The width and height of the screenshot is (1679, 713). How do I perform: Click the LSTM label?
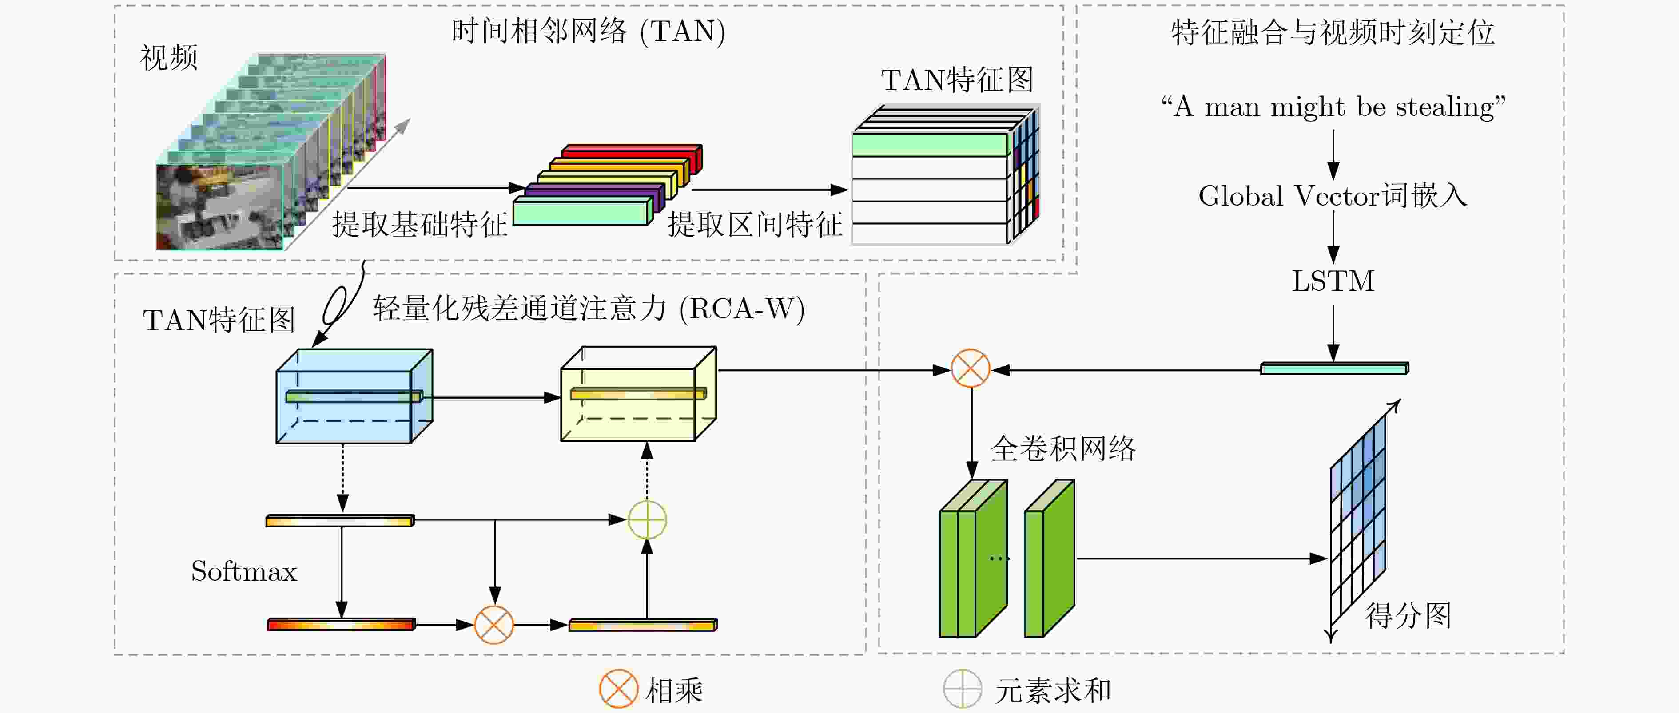coord(1333,281)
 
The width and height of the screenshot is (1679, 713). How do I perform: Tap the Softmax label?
coord(244,571)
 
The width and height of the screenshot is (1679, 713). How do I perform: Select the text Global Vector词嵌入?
coord(1333,195)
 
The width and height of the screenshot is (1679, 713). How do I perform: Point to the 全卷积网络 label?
coord(1063,448)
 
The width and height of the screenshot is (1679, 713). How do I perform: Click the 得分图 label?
coord(1408,615)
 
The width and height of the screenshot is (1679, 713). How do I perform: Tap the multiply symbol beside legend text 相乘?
coord(618,689)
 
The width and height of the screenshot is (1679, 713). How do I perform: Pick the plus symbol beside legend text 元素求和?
coord(962,689)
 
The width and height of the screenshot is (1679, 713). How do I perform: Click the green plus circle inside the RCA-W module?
coord(647,520)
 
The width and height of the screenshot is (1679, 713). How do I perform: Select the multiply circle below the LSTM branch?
coord(971,369)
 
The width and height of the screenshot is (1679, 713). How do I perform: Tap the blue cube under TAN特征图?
coord(354,396)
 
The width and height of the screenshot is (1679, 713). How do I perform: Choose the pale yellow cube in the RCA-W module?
coord(639,394)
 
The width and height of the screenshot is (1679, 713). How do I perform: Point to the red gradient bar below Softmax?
coord(341,624)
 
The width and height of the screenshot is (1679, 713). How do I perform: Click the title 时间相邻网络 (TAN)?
coord(588,31)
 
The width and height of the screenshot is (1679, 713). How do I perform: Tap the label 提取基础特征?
coord(420,225)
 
